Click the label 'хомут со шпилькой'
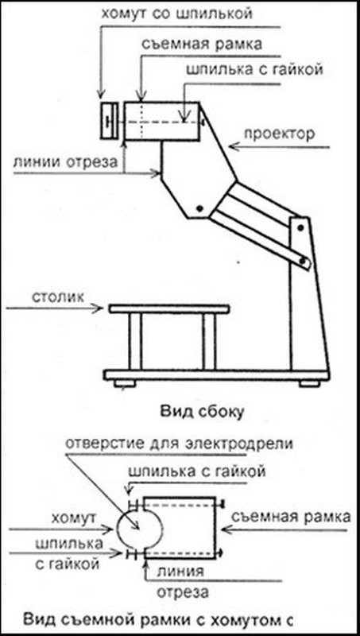coord(176,14)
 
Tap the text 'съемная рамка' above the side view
coord(201,44)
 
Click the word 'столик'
coord(56,297)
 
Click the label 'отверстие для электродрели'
coord(179,444)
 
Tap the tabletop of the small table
coord(168,309)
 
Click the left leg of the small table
coord(136,341)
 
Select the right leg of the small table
coord(209,341)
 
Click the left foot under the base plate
coord(124,383)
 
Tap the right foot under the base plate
coord(309,383)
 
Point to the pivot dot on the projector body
coord(199,208)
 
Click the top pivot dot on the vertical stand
coord(300,228)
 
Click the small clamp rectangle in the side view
coord(109,122)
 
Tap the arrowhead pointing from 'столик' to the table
coord(99,308)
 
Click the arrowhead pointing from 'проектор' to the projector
coord(234,147)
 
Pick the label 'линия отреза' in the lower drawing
coord(180,583)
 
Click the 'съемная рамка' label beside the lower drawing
coord(290,518)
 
